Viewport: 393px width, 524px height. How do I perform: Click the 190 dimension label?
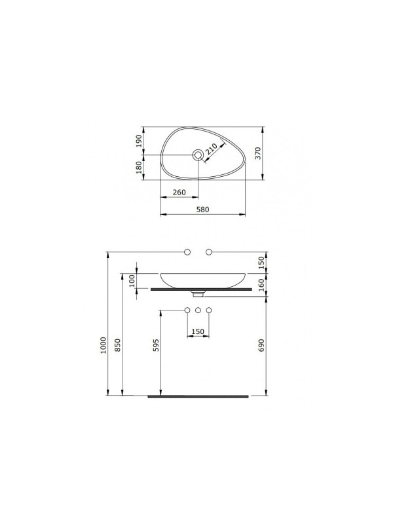139,141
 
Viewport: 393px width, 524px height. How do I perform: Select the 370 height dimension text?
257,153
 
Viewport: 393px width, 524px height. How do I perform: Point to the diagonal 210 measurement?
212,151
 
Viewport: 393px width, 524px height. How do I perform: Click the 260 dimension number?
179,193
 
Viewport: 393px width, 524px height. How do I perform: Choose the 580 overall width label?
202,210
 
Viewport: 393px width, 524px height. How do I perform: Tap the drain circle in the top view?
198,155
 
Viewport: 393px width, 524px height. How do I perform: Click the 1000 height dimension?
103,346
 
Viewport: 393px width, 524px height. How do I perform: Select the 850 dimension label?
117,345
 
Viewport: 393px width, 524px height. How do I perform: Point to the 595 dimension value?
156,345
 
